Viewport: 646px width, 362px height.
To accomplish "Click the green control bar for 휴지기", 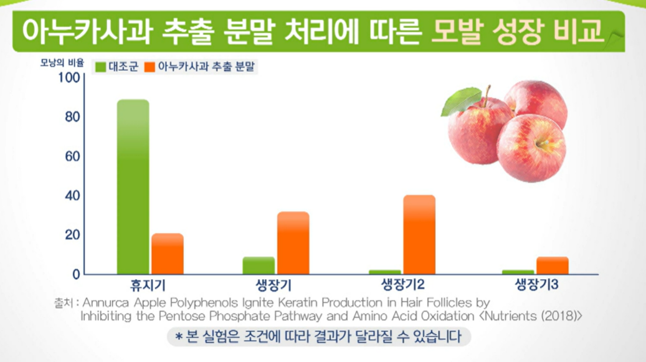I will [x=133, y=186].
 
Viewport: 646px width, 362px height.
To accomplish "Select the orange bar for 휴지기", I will [x=167, y=254].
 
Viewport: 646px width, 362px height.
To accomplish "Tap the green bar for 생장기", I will [x=259, y=265].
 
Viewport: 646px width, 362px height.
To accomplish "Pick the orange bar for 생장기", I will [x=293, y=243].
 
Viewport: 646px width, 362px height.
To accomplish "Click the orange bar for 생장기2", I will [x=419, y=234].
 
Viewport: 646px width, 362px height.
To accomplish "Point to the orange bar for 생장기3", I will [x=553, y=265].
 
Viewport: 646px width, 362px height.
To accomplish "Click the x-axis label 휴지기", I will [x=148, y=286].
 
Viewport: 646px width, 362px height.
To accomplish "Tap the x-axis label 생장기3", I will [x=536, y=286].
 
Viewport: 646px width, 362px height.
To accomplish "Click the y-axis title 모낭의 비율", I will [x=62, y=63].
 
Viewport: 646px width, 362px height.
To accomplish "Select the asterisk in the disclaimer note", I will [x=178, y=338].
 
